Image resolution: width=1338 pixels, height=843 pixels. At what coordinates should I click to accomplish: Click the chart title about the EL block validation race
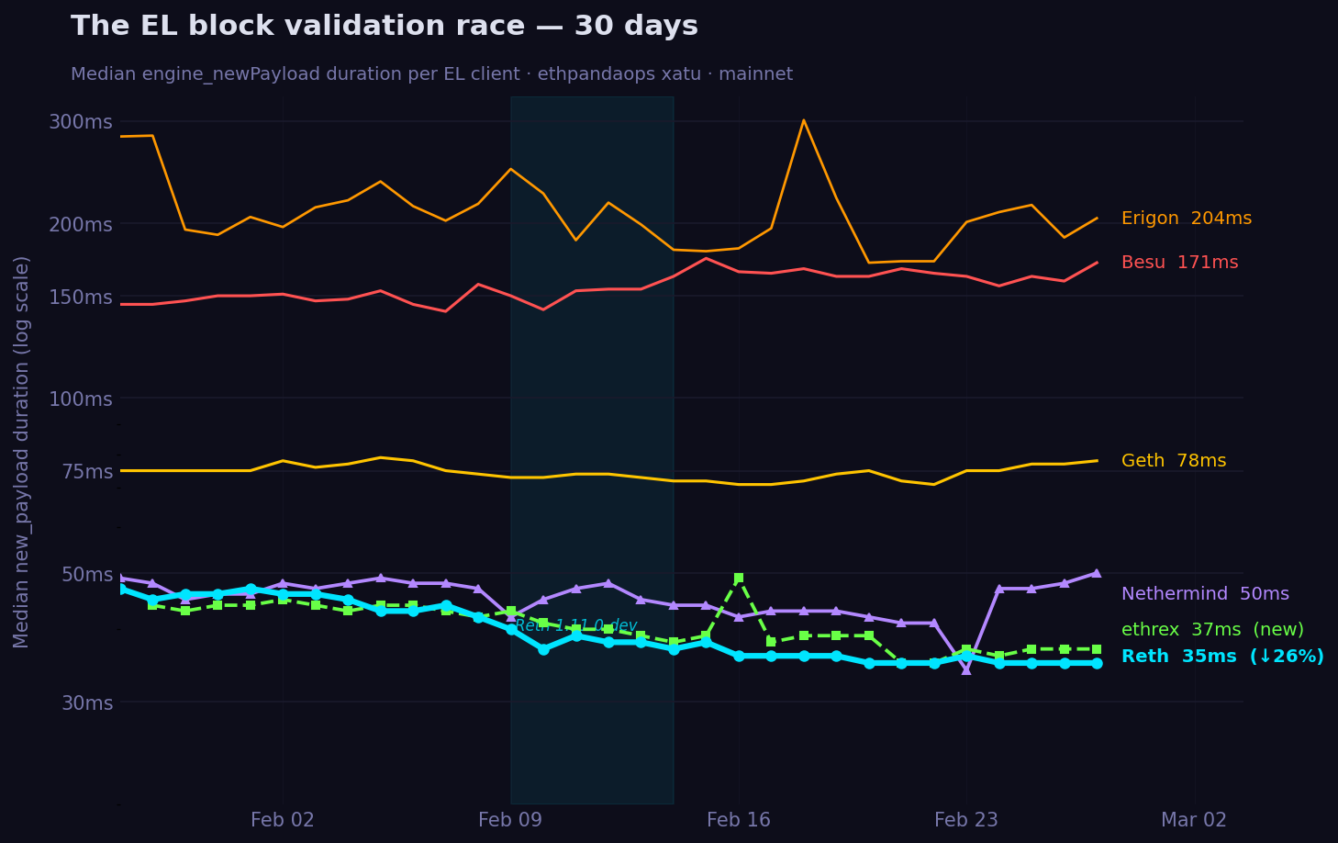tap(384, 27)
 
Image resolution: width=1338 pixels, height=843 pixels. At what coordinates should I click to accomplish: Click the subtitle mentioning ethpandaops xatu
tap(431, 74)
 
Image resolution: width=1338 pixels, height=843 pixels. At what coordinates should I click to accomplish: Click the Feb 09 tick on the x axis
tap(510, 820)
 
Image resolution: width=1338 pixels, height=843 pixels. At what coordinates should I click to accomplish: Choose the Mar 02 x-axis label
tap(1193, 820)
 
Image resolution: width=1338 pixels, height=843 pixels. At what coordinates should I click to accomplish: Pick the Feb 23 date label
tap(965, 820)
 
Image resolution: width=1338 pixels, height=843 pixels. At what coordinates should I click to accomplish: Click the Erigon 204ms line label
tap(1186, 219)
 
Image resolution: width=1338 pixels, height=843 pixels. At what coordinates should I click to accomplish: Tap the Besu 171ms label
tap(1179, 263)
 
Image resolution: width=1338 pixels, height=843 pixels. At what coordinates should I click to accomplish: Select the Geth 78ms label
tap(1173, 461)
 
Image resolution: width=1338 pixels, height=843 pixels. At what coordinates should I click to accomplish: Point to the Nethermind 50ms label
tap(1204, 594)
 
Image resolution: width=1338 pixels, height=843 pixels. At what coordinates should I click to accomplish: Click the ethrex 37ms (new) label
tap(1211, 630)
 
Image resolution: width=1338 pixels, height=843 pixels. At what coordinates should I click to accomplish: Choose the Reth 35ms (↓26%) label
tap(1221, 657)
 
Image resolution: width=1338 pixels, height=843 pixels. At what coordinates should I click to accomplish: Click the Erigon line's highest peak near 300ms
tap(803, 120)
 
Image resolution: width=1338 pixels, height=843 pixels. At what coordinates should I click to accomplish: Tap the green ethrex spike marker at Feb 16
tap(738, 579)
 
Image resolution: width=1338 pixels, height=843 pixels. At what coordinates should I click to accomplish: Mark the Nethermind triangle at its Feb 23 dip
tap(965, 669)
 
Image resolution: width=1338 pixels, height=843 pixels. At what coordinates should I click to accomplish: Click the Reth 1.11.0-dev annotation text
tap(575, 625)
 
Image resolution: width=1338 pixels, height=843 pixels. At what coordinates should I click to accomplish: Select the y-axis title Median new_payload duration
tap(22, 451)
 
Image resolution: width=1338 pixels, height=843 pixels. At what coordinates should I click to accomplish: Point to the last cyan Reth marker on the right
tap(1096, 663)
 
